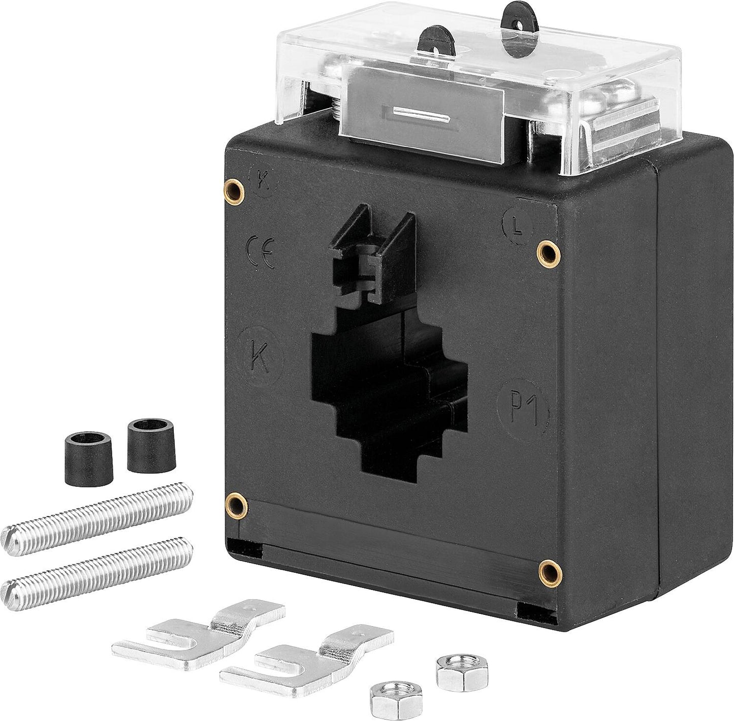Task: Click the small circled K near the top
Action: [x=263, y=182]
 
